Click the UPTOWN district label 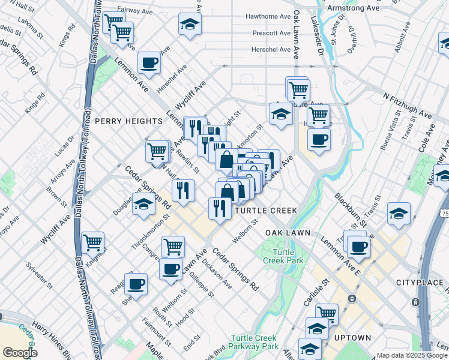(x=352, y=338)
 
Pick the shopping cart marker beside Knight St (x=92, y=242)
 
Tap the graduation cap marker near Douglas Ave (x=143, y=205)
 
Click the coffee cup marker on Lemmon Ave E (x=359, y=247)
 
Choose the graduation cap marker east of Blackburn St (x=399, y=213)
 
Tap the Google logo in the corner (x=20, y=353)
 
